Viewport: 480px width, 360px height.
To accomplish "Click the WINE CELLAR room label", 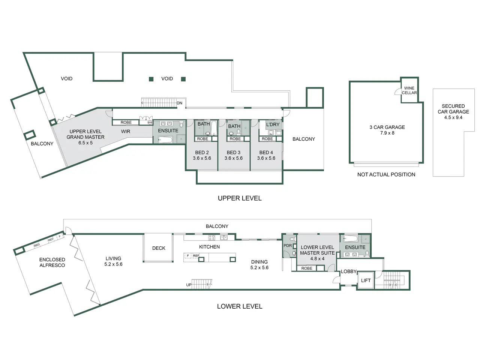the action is (x=409, y=90).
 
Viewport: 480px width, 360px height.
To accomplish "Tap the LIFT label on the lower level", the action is (x=366, y=280).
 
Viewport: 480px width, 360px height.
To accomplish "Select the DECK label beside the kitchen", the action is (x=159, y=248).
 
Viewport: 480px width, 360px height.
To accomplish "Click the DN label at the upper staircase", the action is (x=179, y=103).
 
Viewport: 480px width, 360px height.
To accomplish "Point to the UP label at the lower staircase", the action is (x=189, y=285).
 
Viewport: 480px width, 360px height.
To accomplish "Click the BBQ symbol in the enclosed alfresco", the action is (x=37, y=245).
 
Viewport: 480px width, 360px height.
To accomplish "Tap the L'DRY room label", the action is (x=273, y=124).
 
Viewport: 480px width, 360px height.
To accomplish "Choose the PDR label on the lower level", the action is (x=288, y=246).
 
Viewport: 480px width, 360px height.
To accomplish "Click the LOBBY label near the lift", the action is (x=349, y=271).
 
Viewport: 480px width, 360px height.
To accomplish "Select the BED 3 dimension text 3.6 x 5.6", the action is (x=233, y=158).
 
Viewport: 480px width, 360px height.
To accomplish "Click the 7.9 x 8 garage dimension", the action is (x=387, y=133).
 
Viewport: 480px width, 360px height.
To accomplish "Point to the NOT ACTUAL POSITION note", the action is (x=386, y=174).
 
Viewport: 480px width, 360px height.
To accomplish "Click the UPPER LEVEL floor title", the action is (x=240, y=198).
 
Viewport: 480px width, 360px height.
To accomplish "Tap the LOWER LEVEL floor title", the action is (x=240, y=306).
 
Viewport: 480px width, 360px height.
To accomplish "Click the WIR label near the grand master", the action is (x=126, y=131).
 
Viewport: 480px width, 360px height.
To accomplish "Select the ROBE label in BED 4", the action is (x=267, y=139).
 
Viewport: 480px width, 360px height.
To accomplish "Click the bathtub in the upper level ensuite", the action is (x=165, y=139).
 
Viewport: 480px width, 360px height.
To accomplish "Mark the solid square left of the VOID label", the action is (x=151, y=79).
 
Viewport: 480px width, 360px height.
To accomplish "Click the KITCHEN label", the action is (x=209, y=247).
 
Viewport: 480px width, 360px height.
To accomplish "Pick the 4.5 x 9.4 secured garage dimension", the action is (x=453, y=117).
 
